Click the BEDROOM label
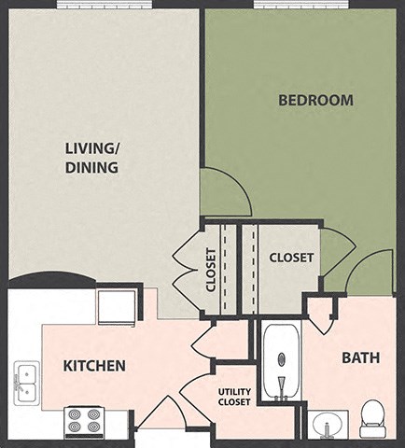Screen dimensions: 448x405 (315, 100)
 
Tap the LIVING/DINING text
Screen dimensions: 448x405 (91, 158)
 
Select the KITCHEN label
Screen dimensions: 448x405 (94, 365)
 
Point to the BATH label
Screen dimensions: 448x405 (359, 357)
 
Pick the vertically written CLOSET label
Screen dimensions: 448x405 (211, 270)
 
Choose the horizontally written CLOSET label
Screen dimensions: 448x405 (291, 258)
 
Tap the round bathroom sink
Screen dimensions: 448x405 (327, 426)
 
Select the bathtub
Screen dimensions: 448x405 (281, 363)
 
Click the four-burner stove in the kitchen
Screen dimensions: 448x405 (88, 422)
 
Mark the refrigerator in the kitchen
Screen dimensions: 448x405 (117, 306)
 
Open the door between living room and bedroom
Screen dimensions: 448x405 (226, 192)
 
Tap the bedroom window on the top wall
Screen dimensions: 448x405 (300, 5)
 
